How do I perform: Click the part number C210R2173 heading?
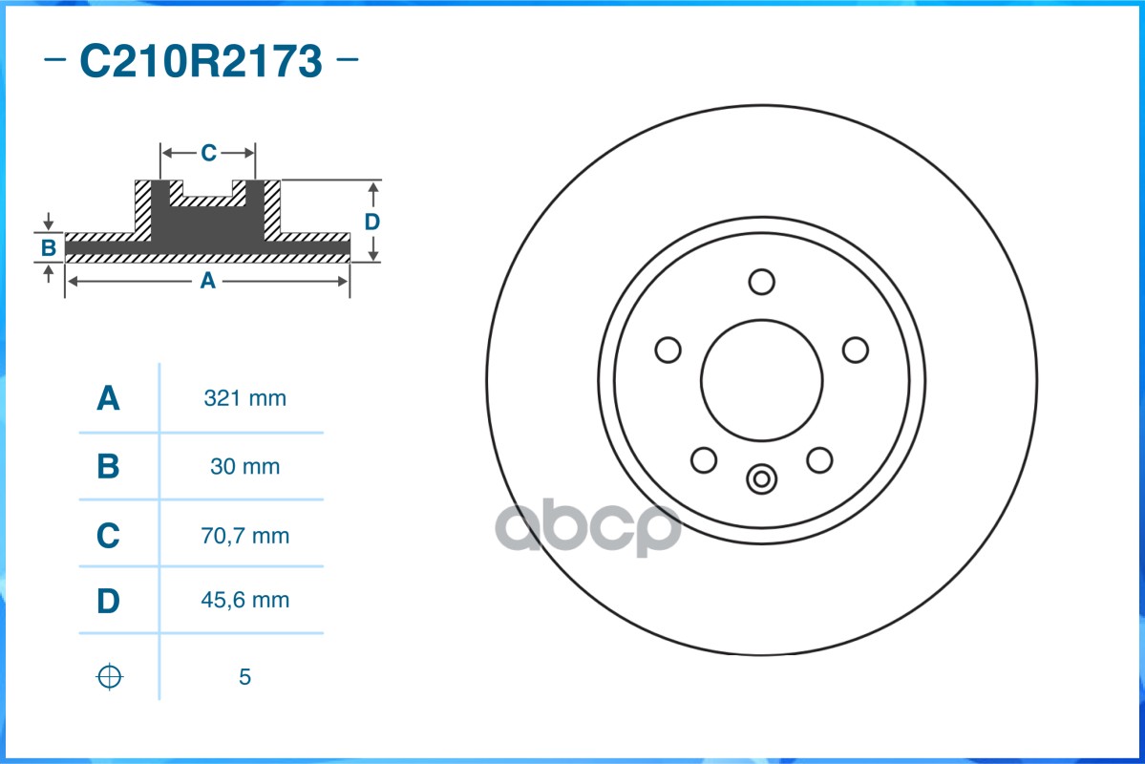[201, 62]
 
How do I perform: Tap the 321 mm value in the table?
[244, 398]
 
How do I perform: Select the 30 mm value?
[244, 467]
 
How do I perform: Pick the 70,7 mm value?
[244, 536]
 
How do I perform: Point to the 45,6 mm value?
[244, 601]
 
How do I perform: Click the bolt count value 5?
[244, 677]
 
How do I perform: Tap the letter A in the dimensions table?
[108, 398]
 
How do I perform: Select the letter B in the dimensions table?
[108, 467]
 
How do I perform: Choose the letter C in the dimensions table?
[108, 536]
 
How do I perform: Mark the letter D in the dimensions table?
[108, 602]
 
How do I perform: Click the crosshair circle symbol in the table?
[110, 677]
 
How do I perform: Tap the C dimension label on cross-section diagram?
[208, 152]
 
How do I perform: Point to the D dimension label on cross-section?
[372, 222]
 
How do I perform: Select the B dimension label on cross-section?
[49, 249]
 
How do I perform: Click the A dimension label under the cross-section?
[206, 281]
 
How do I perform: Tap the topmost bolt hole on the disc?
[761, 282]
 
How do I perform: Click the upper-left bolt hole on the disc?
[668, 350]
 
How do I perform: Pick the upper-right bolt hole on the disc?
[855, 350]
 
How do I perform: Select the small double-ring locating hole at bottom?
[761, 478]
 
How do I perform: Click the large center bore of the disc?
[761, 379]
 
